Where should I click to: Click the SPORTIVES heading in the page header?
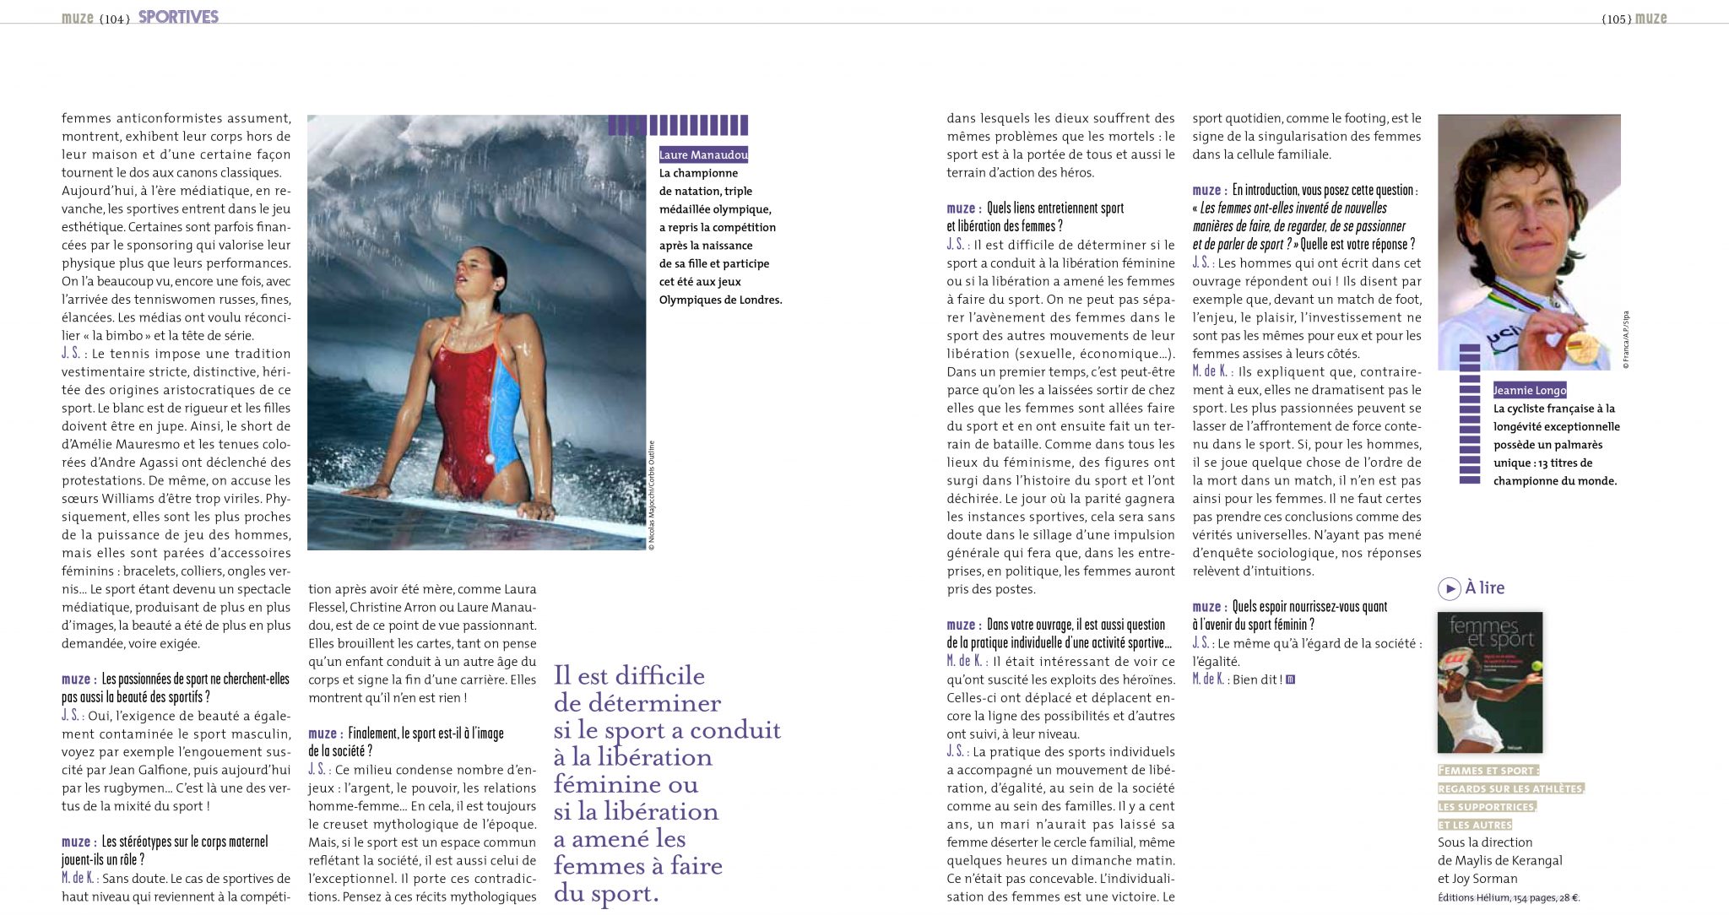(178, 17)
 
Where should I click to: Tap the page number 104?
(115, 19)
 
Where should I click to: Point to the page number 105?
(1616, 19)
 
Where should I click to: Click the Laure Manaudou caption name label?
(703, 154)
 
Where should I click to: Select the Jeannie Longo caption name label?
(1529, 390)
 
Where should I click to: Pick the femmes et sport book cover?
(1489, 682)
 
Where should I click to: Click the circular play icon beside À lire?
(1449, 588)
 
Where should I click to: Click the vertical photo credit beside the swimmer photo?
(652, 495)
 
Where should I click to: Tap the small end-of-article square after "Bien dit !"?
(1290, 679)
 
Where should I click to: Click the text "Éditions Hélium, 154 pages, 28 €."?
(1508, 898)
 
